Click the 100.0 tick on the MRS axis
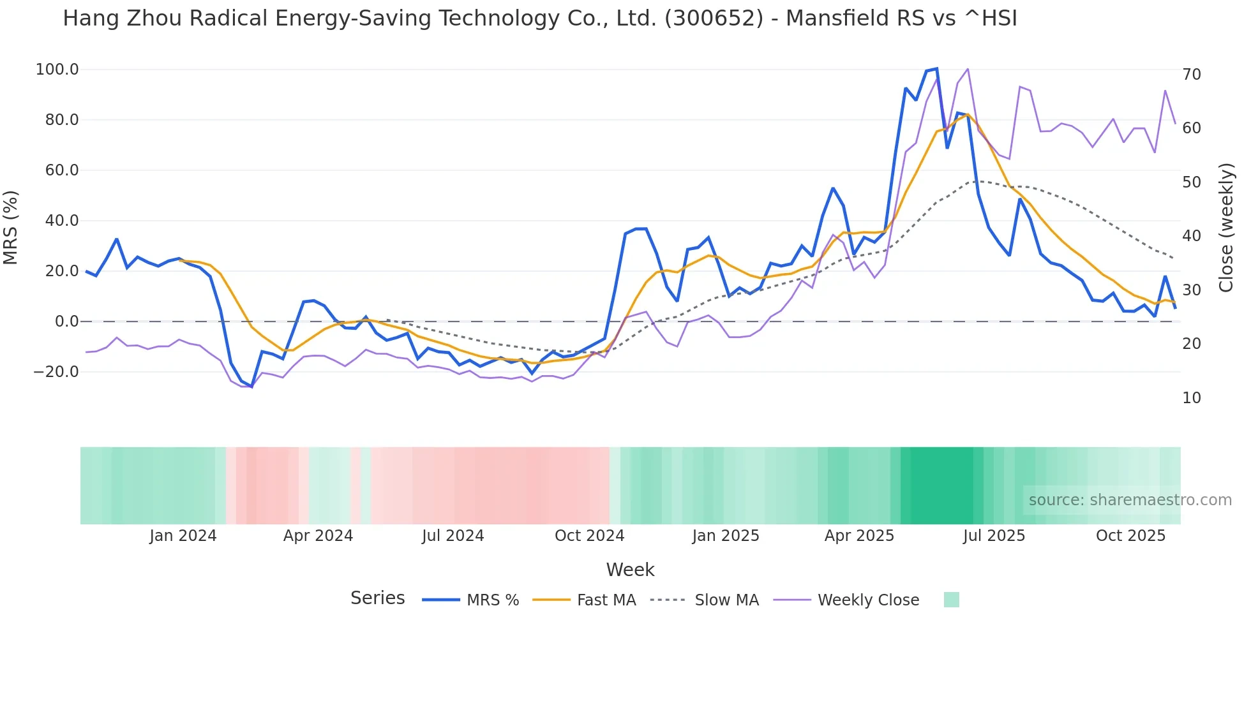(x=57, y=69)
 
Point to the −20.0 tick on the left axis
(x=56, y=371)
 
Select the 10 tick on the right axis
(x=1192, y=398)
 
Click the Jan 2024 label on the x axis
(x=183, y=536)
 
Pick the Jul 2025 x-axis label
(x=994, y=536)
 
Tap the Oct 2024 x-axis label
(x=589, y=536)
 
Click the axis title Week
(x=630, y=570)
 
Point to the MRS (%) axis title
(x=11, y=227)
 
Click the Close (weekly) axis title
(x=1226, y=227)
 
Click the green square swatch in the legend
(x=951, y=600)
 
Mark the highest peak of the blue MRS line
(x=936, y=68)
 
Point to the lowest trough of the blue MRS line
(x=251, y=387)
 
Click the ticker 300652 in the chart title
(x=714, y=18)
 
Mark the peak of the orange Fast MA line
(x=968, y=115)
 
